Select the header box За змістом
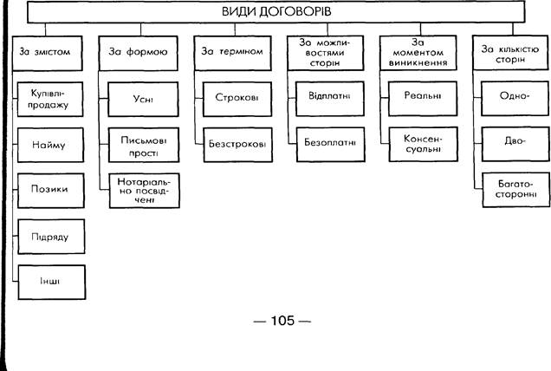[44, 52]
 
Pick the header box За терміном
[231, 52]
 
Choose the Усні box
[144, 99]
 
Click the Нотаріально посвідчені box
[144, 190]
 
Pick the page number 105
[282, 322]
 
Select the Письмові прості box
[144, 144]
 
